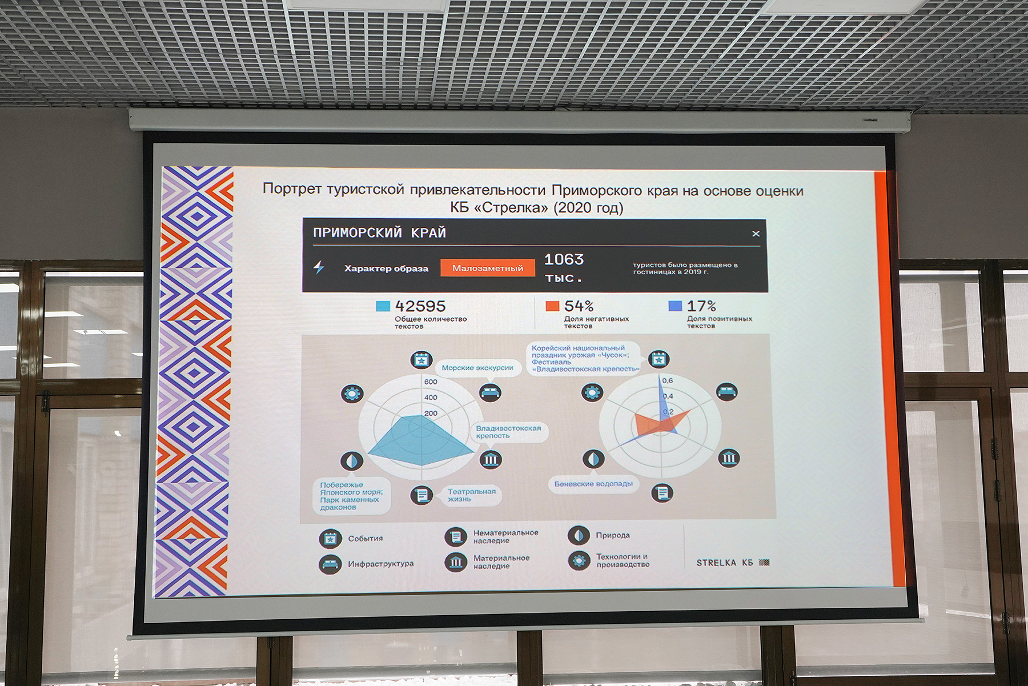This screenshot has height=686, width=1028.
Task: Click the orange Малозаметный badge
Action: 488,268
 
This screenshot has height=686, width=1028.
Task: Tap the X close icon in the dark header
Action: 756,234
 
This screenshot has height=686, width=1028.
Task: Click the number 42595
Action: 420,306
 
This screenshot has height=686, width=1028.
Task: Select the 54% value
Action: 579,306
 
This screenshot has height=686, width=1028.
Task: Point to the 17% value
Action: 701,306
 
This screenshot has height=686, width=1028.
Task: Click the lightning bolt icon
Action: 319,267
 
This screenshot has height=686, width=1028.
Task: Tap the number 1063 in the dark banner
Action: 564,259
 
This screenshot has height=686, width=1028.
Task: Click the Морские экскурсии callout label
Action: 477,368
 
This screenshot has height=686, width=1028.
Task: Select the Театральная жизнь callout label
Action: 471,495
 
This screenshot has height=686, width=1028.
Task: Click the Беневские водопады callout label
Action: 593,484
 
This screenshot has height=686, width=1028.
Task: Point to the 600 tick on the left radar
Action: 431,382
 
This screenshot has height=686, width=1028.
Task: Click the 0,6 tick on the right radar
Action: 668,380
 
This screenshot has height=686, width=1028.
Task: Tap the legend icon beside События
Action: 330,539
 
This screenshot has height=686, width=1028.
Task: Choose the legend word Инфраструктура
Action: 381,564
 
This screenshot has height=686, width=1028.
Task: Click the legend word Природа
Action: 613,535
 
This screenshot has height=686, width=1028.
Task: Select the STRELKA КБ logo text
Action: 725,563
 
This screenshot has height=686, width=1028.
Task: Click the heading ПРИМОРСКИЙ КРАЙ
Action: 379,233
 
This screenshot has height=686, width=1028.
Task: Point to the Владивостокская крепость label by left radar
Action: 508,432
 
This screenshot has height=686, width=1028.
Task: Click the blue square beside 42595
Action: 383,306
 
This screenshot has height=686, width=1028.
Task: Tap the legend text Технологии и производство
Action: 623,560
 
